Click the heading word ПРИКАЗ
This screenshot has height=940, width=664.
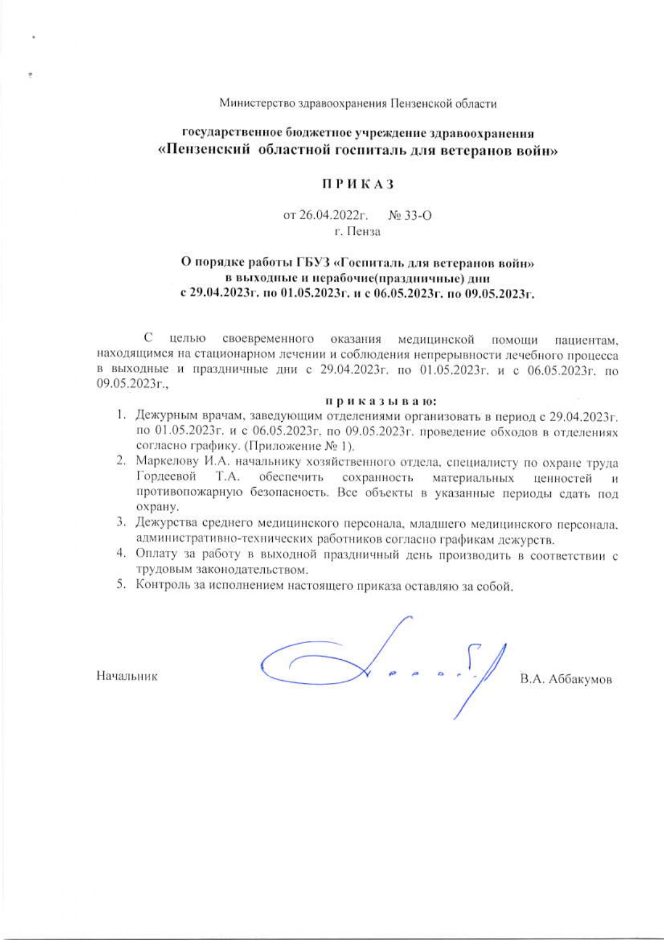[358, 184]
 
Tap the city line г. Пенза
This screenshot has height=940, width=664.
[357, 232]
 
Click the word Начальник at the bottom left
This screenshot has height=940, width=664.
[127, 676]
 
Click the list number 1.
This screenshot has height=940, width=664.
[122, 415]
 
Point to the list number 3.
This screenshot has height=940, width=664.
[122, 522]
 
